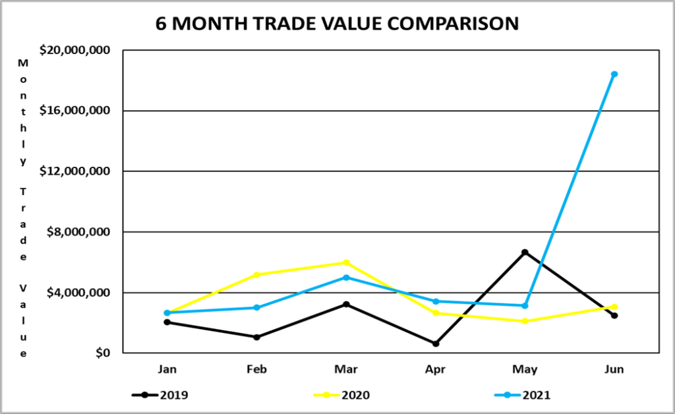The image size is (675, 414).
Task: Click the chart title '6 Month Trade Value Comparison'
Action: pos(337,23)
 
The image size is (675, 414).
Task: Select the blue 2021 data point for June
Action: pos(614,74)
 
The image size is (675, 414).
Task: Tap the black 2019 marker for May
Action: pos(525,252)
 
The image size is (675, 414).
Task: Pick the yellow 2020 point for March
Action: pos(346,262)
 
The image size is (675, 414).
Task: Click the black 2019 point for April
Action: pos(436,343)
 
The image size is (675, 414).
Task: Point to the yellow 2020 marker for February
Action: pos(256,274)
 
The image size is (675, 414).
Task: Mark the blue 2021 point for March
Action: pos(346,278)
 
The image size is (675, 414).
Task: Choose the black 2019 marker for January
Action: pos(167,322)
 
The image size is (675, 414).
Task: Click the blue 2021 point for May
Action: pos(525,305)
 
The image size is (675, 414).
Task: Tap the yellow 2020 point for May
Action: pos(525,321)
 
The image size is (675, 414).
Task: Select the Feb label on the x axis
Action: pos(256,370)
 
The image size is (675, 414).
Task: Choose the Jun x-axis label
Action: pos(614,370)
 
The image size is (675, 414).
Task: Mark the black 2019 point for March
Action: pos(346,305)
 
